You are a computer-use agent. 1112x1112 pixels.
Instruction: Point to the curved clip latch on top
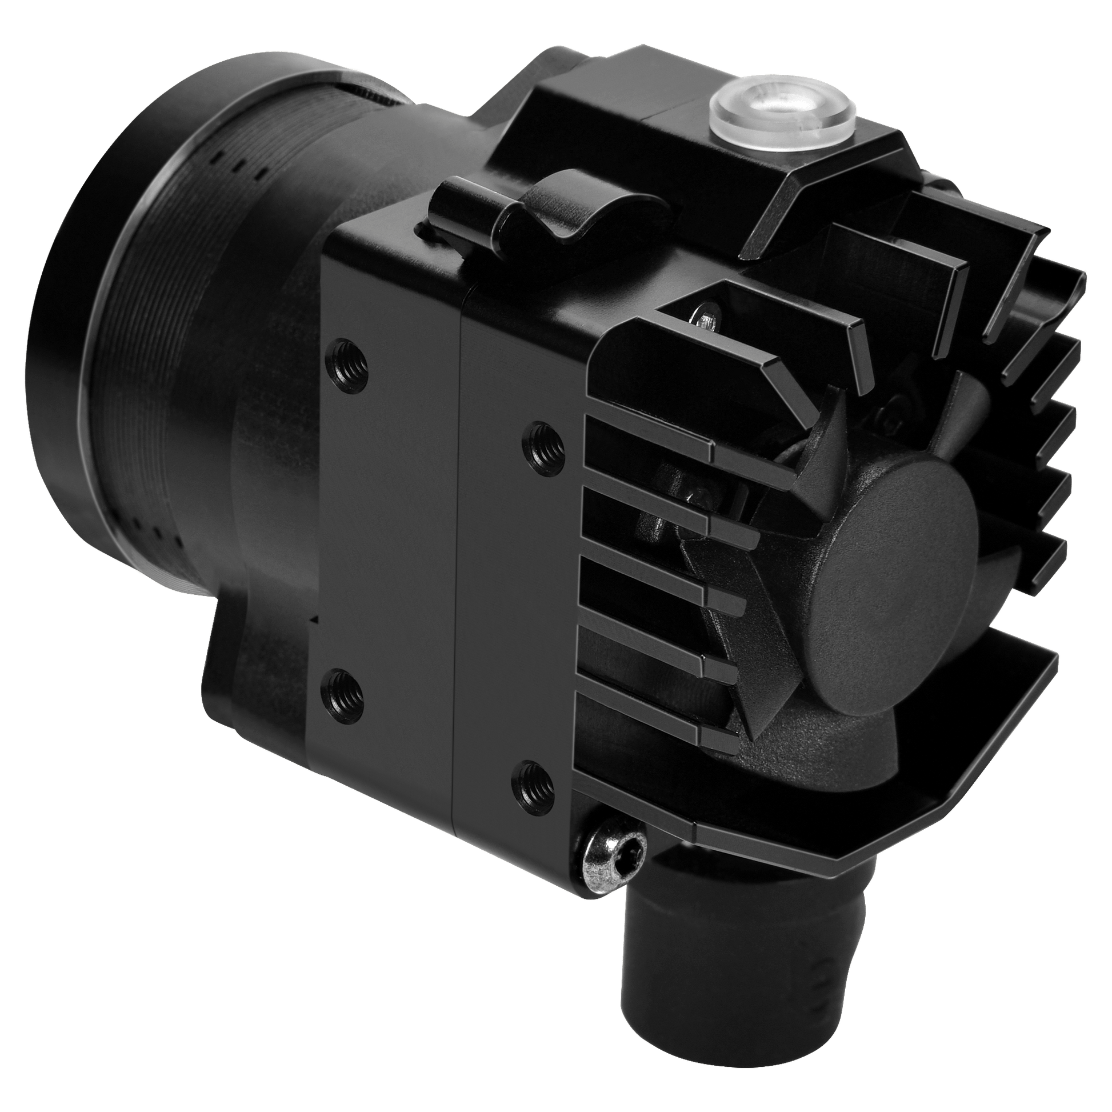(553, 216)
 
